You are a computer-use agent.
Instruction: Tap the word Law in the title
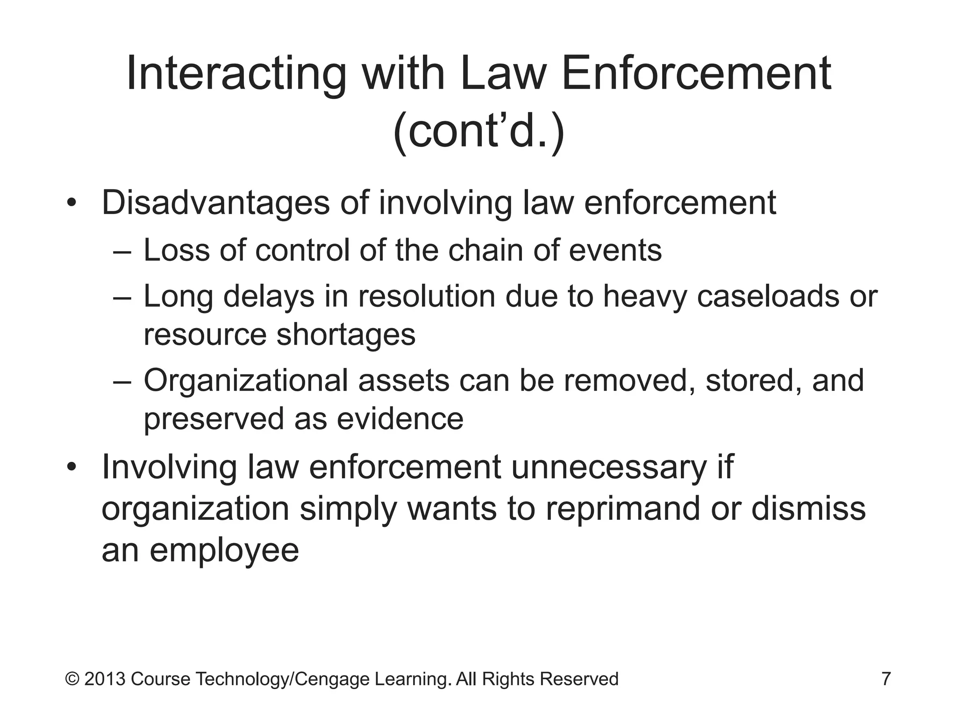pyautogui.click(x=503, y=74)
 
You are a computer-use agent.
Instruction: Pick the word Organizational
pyautogui.click(x=245, y=381)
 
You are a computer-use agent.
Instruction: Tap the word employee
pyautogui.click(x=224, y=551)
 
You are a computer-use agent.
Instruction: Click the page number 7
pyautogui.click(x=886, y=679)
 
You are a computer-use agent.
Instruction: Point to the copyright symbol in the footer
pyautogui.click(x=72, y=679)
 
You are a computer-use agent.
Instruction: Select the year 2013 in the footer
pyautogui.click(x=105, y=679)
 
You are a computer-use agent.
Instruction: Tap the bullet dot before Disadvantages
pyautogui.click(x=71, y=204)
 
